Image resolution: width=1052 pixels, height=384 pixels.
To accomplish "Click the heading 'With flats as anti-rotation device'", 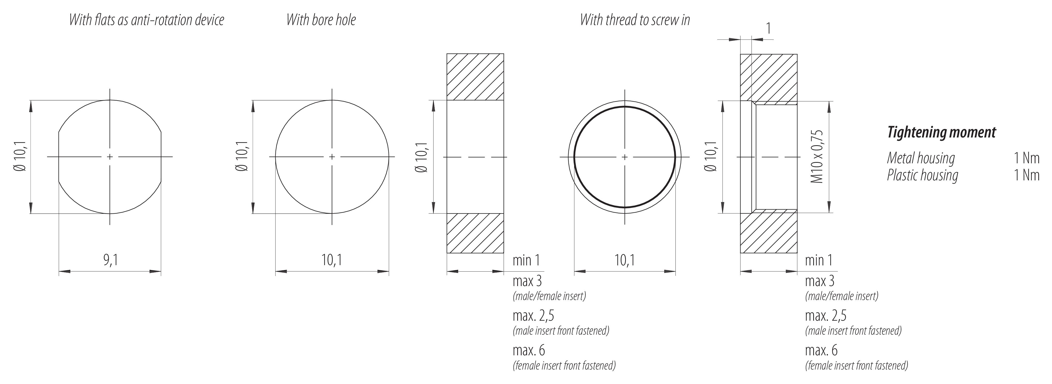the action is click(147, 20).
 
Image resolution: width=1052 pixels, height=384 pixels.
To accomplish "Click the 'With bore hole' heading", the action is click(321, 20).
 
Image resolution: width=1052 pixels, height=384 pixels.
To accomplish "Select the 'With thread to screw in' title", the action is click(635, 20).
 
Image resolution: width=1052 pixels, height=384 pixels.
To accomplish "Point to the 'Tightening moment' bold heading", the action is click(941, 132).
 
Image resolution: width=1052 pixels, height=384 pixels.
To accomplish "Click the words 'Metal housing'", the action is click(921, 158).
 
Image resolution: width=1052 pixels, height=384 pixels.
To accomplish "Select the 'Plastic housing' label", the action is click(923, 175).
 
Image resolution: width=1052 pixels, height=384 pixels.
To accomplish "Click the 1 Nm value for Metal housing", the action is click(1026, 158).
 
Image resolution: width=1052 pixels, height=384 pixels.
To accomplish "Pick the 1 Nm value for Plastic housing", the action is click(1026, 175).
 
